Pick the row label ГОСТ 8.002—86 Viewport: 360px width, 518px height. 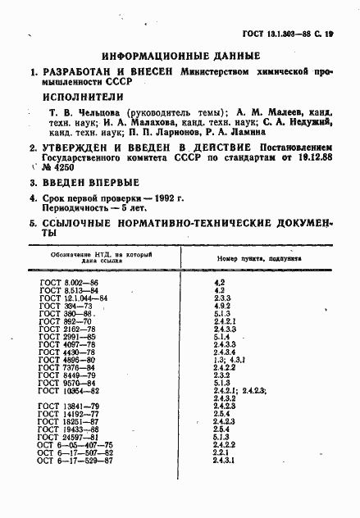pos(69,281)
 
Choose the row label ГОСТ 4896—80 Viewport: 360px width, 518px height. pos(69,360)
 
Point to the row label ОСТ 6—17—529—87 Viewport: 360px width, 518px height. pos(76,461)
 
